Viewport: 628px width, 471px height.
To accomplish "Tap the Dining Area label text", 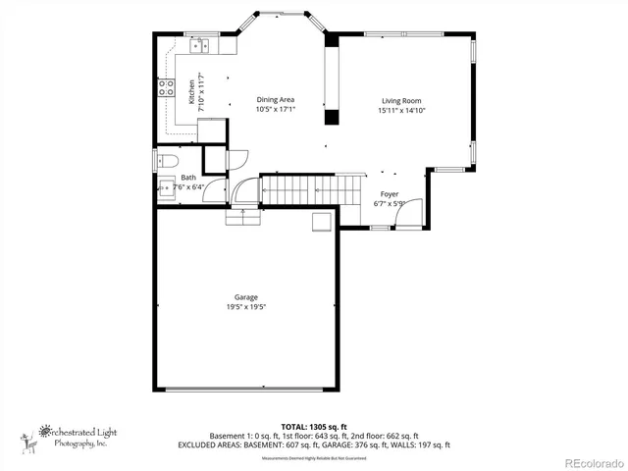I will [276, 100].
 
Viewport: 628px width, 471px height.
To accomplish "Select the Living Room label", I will [400, 101].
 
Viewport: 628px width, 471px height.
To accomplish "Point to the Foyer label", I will [390, 194].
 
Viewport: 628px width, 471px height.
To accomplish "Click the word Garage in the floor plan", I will [245, 297].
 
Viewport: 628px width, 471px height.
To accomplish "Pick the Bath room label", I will [187, 178].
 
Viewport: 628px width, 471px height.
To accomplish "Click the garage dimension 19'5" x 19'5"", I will [245, 307].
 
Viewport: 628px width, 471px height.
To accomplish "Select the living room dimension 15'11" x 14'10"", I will [400, 111].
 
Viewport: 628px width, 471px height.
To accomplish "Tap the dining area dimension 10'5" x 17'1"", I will [276, 110].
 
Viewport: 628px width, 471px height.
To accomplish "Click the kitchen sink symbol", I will [203, 45].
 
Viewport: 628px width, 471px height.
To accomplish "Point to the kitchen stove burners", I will [166, 91].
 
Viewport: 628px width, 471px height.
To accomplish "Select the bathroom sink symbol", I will [165, 189].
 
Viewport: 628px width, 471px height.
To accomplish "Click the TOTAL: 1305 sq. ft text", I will [313, 427].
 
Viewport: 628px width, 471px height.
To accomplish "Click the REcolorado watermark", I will [586, 461].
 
